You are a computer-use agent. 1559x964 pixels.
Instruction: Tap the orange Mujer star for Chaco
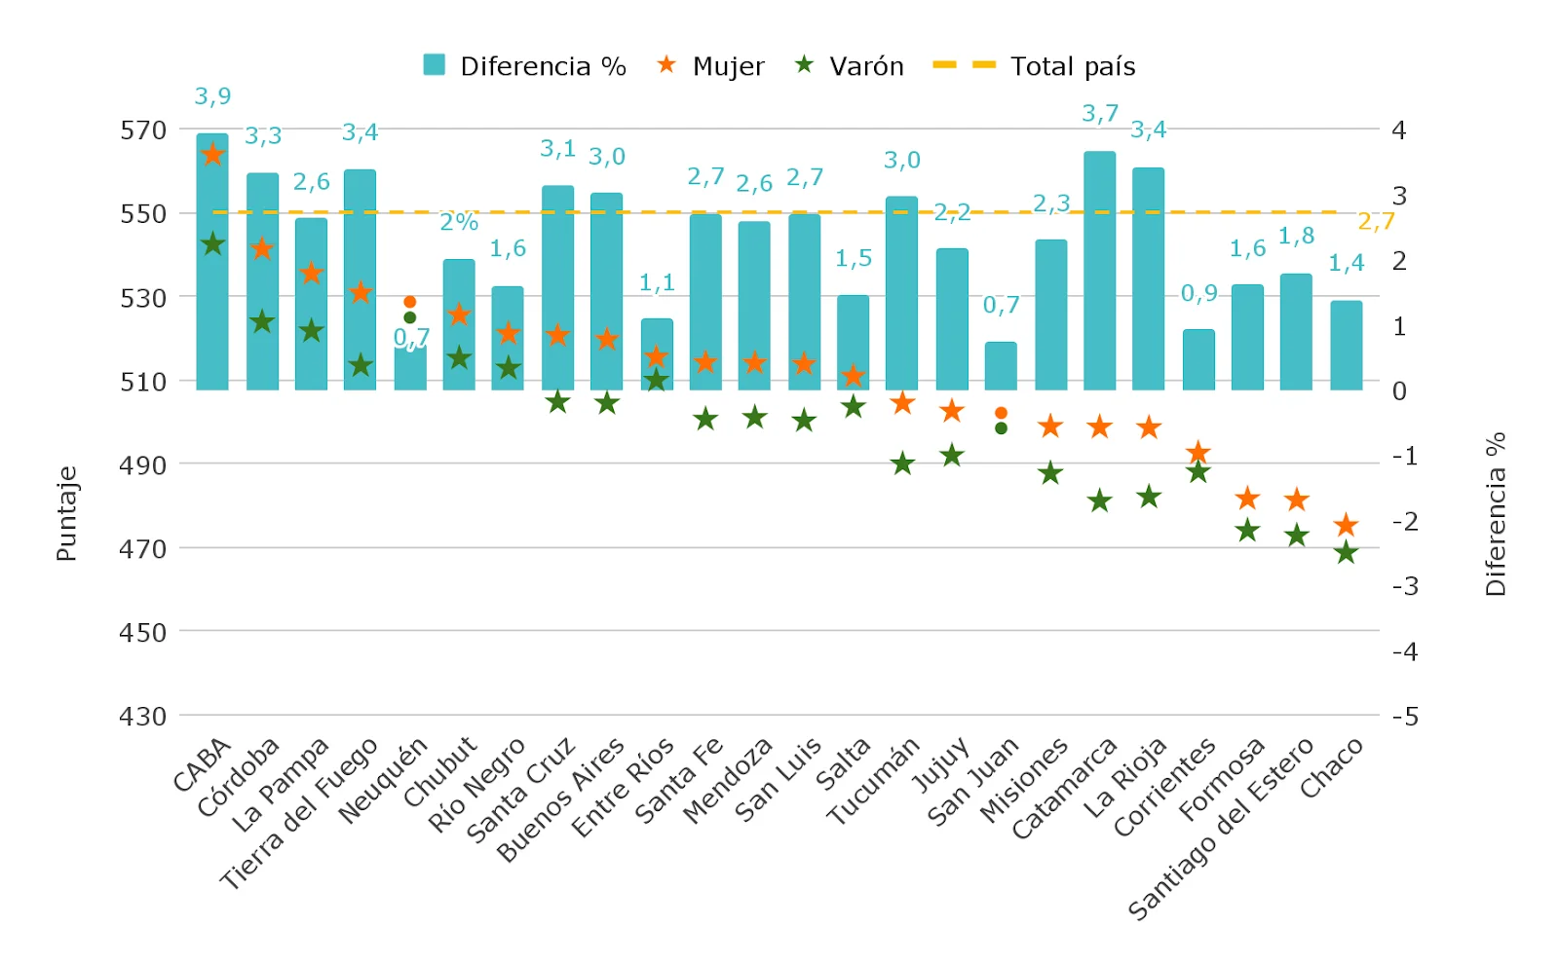point(1346,526)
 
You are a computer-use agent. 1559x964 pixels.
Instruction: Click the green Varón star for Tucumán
point(902,463)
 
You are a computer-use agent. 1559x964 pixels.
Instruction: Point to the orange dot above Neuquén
point(410,302)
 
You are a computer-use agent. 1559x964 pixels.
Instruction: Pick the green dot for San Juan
point(1001,428)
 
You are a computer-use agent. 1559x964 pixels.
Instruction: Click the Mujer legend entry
point(710,66)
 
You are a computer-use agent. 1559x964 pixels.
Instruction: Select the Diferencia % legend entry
point(524,66)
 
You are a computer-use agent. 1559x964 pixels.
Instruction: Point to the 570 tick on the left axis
point(143,130)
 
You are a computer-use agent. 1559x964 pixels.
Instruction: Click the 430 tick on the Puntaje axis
point(143,717)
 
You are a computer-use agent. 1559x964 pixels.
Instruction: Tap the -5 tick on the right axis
point(1404,717)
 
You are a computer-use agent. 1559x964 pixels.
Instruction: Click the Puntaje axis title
point(66,513)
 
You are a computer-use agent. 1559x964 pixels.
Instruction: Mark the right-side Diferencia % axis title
point(1496,513)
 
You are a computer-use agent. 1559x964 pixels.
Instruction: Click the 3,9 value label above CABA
point(212,96)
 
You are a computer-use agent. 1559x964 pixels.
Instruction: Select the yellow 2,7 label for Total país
point(1376,222)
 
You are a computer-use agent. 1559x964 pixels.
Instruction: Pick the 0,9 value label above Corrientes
point(1198,293)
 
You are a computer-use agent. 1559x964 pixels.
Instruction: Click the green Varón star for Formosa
point(1247,531)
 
